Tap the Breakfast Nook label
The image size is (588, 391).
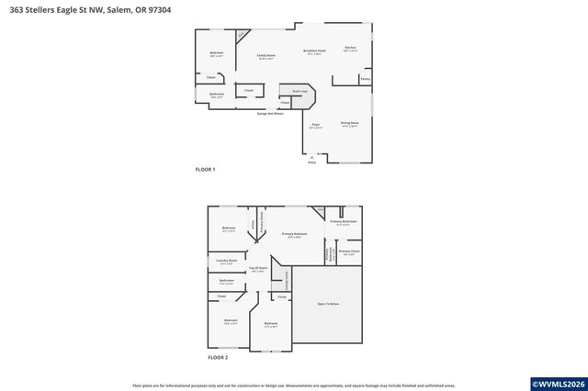[x=314, y=51]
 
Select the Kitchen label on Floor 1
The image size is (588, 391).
[x=350, y=48]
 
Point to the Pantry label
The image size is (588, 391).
[x=366, y=80]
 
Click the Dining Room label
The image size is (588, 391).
[x=349, y=123]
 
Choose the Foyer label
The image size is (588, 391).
[x=315, y=125]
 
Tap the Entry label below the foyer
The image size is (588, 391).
[x=311, y=162]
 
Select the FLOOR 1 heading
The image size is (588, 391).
[x=205, y=170]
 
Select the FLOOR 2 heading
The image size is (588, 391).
[x=218, y=357]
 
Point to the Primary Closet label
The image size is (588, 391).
[x=348, y=251]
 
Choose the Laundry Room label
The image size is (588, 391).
[x=227, y=261]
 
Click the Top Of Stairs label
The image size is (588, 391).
[x=258, y=268]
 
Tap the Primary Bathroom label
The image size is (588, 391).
[x=343, y=222]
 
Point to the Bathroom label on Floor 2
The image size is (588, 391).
[x=226, y=281]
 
